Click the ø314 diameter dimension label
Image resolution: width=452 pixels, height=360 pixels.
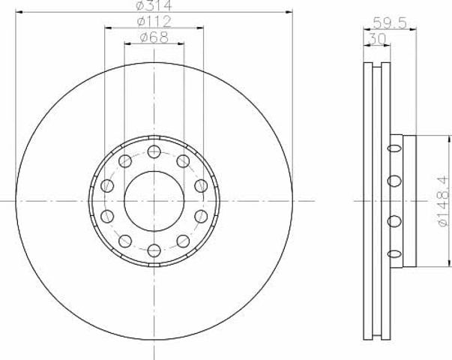154,5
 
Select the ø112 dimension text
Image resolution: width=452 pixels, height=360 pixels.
154,21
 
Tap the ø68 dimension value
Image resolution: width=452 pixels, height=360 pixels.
154,37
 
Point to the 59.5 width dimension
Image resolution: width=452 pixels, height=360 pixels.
390,22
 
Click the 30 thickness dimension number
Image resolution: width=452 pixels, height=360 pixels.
377,39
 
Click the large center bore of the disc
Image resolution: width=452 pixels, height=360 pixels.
154,201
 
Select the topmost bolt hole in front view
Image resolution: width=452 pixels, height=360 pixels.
154,151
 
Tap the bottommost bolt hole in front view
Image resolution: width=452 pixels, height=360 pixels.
154,250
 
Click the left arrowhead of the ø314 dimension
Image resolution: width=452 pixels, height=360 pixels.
19,12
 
